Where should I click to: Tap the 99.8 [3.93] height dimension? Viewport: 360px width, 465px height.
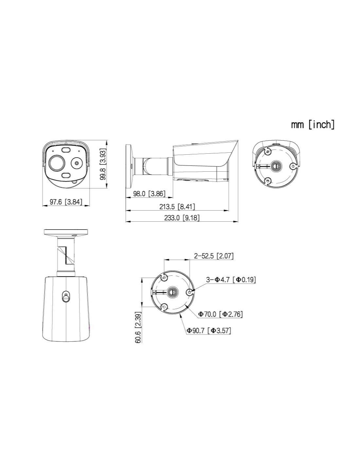point(103,164)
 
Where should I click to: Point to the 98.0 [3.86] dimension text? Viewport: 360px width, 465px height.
point(149,194)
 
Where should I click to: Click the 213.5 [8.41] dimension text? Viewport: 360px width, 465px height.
point(177,206)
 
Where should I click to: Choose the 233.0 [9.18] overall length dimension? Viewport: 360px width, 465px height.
point(182,218)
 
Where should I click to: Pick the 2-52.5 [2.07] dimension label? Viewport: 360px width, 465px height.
point(214,256)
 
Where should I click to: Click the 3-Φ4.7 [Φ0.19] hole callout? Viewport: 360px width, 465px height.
point(231,280)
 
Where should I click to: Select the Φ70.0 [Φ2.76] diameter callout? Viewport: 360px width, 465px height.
point(220,314)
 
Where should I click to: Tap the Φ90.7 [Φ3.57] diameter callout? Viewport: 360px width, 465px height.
point(209,331)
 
